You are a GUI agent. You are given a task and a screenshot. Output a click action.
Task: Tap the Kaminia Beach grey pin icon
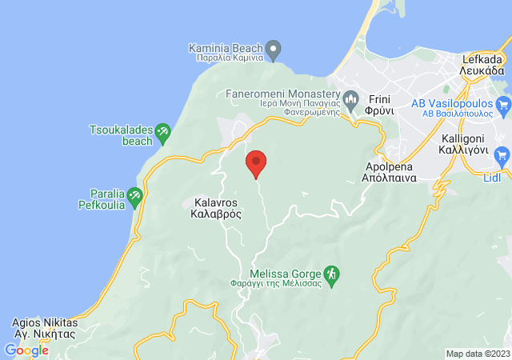tap(274, 50)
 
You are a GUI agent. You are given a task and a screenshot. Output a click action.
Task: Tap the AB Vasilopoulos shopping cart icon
tap(502, 103)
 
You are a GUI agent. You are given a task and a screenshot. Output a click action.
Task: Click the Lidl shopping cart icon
tap(502, 154)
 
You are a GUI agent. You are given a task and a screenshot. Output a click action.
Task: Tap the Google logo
tap(26, 350)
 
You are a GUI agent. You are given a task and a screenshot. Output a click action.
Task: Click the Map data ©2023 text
tap(478, 354)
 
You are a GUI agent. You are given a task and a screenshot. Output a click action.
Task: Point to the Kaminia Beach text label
tap(226, 52)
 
